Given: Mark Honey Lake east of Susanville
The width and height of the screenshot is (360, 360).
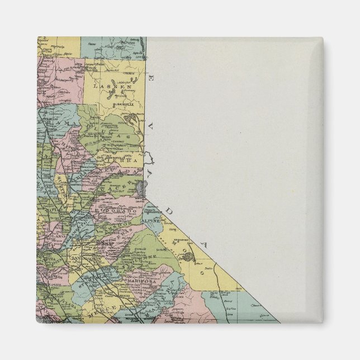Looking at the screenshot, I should (x=131, y=119).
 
